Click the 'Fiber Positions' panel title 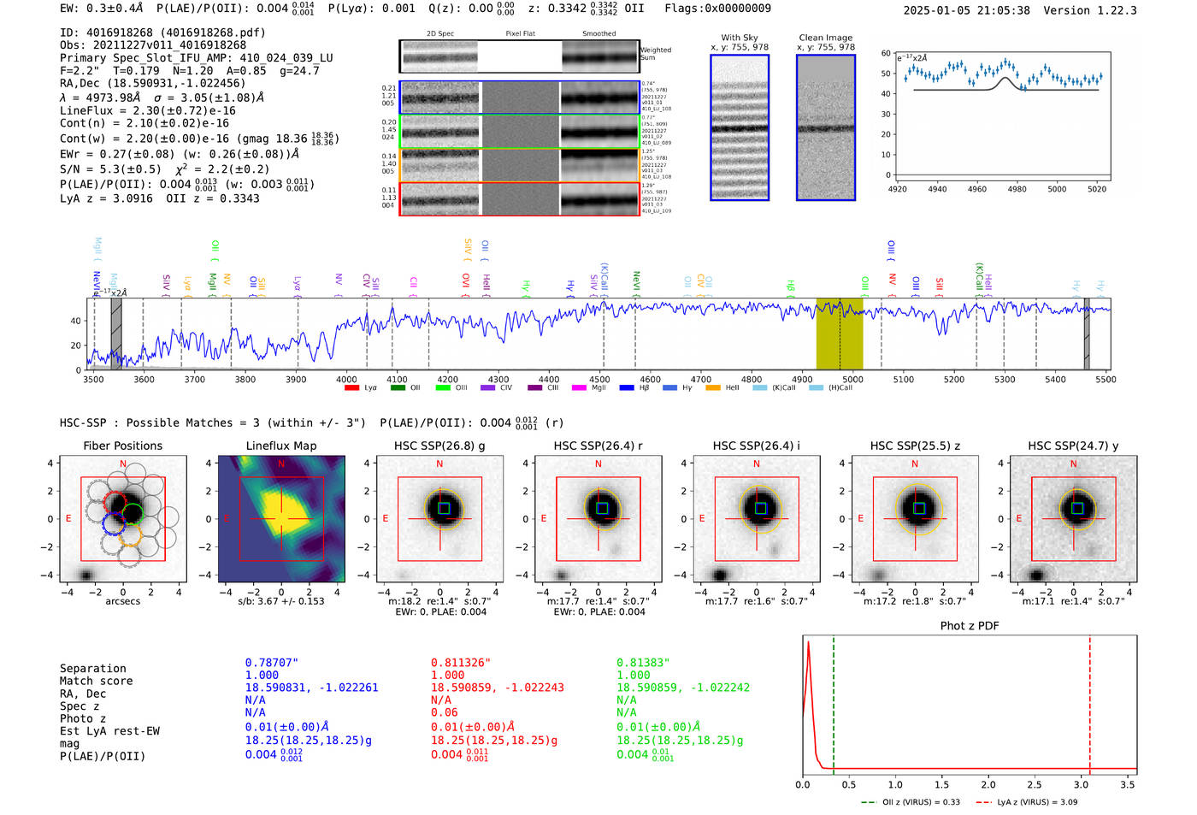[122, 446]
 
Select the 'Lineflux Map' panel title [280, 446]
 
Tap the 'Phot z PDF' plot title [970, 626]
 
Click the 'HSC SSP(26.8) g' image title [439, 446]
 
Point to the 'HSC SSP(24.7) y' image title [1073, 446]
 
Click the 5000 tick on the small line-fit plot [1057, 189]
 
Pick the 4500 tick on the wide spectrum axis [599, 380]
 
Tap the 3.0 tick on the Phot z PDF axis [1081, 784]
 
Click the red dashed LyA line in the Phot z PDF [1089, 701]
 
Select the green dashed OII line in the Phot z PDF [833, 701]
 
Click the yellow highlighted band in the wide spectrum [839, 334]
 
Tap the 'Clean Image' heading [825, 38]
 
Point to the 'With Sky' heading [739, 38]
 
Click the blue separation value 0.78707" [271, 663]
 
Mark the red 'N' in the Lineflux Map [281, 464]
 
